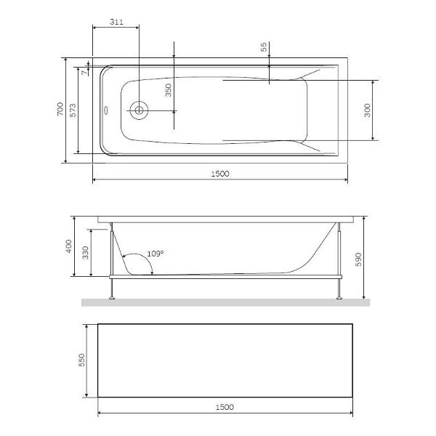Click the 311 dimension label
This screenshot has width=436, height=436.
(x=115, y=23)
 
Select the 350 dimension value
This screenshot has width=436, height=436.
(x=168, y=90)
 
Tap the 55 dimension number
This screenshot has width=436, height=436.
(x=265, y=47)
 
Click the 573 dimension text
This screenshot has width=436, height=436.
(x=73, y=111)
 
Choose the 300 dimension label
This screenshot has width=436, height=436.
(x=368, y=110)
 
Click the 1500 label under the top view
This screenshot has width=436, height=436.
(x=220, y=174)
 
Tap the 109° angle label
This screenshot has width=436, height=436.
(x=156, y=254)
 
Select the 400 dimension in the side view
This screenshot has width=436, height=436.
(x=70, y=246)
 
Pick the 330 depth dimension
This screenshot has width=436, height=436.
(x=85, y=252)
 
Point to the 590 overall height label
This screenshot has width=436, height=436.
(x=358, y=258)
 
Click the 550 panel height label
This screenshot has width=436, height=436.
(x=82, y=360)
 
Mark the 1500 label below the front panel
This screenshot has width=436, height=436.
(x=225, y=407)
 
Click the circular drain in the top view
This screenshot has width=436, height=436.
(x=138, y=110)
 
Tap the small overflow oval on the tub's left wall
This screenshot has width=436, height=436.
(x=106, y=111)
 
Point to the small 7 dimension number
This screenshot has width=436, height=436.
(x=85, y=71)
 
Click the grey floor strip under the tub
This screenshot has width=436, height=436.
(x=225, y=302)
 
